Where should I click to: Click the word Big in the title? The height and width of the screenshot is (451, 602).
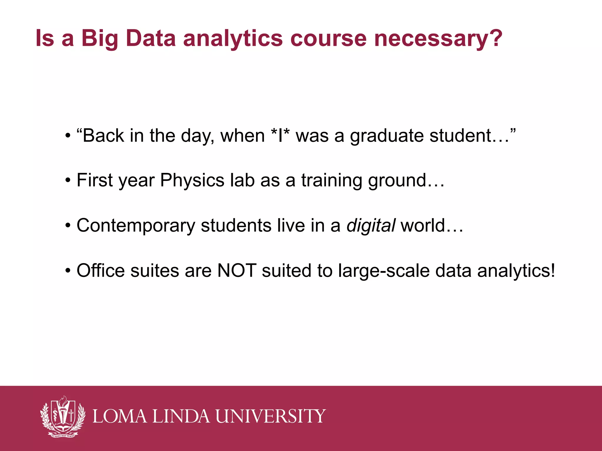(100, 38)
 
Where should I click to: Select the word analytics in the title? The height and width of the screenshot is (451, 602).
(233, 38)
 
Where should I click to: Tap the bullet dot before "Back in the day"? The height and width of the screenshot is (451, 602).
(68, 136)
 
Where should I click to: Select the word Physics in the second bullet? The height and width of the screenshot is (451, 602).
(192, 180)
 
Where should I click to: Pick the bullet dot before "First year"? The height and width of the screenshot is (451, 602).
(68, 181)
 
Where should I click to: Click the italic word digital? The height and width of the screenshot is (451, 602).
(371, 225)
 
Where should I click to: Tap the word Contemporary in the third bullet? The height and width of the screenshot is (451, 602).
(136, 226)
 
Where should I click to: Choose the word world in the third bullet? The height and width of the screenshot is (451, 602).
(423, 225)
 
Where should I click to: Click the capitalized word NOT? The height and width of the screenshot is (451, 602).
(237, 270)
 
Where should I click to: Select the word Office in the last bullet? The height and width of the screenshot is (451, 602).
(101, 270)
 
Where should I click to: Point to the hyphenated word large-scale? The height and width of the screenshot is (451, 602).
(384, 271)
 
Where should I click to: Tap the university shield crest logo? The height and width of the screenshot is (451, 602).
(63, 416)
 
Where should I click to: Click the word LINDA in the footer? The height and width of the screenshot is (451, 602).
(181, 416)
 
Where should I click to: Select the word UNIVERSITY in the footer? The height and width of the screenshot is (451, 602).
(270, 416)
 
